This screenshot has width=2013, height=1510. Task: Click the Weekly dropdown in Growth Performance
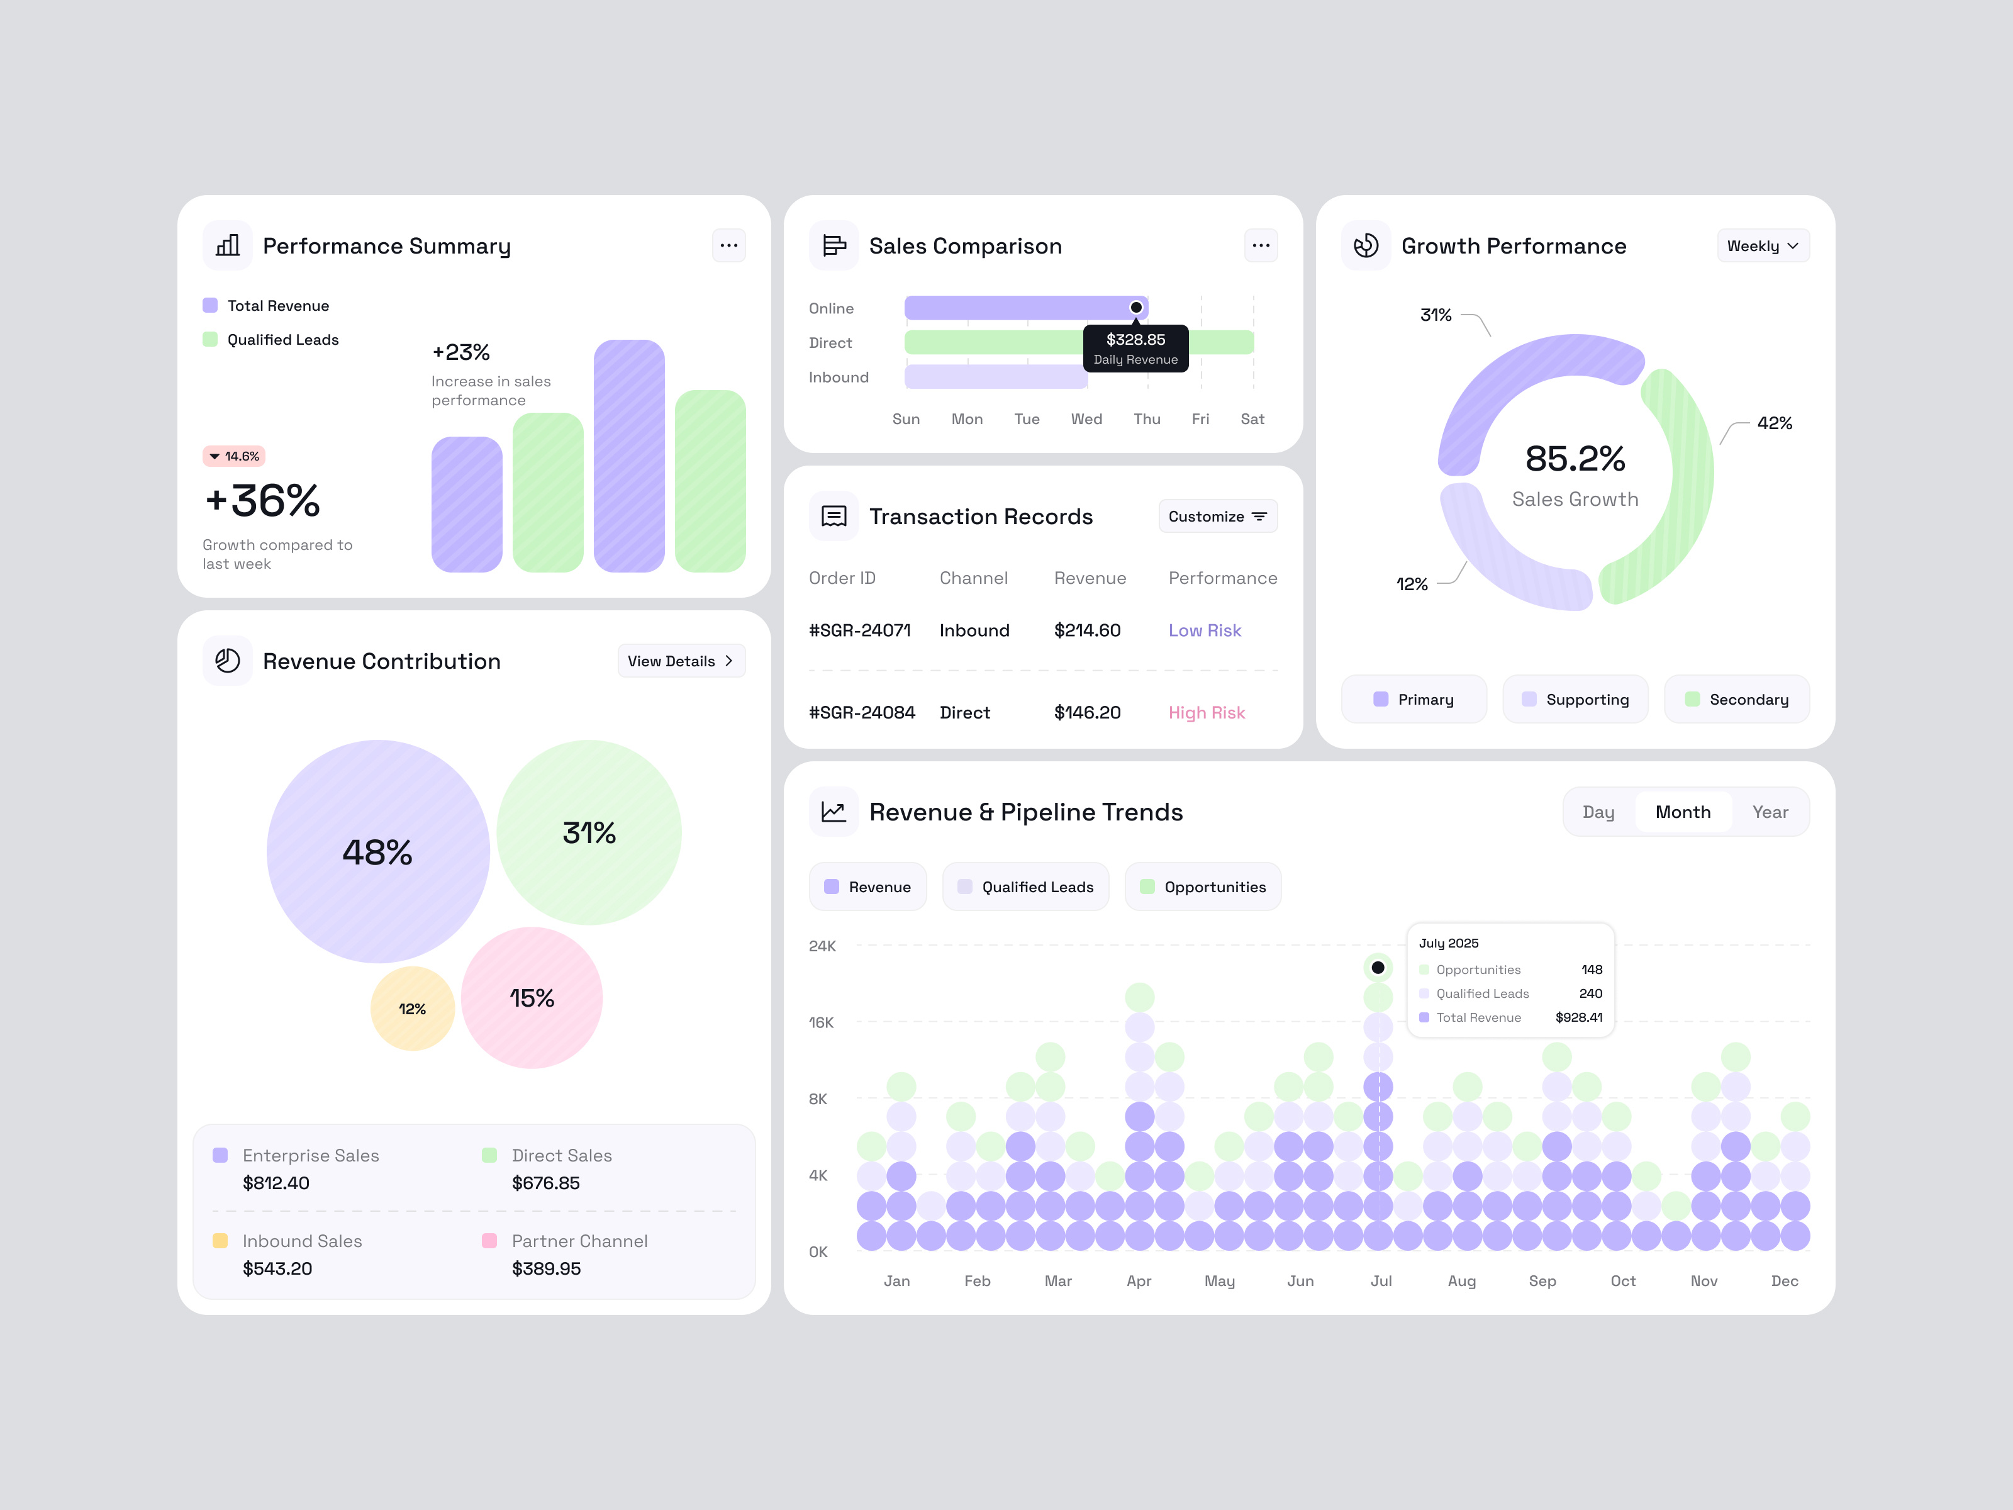[x=1762, y=246]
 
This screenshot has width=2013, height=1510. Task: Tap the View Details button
[x=681, y=661]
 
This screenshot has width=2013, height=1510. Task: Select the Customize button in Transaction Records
[x=1217, y=516]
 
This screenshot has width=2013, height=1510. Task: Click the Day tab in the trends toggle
[x=1598, y=812]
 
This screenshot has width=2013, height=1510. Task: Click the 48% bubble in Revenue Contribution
[x=377, y=852]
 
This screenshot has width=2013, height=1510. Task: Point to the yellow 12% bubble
[x=412, y=1009]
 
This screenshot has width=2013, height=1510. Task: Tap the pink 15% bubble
[x=532, y=998]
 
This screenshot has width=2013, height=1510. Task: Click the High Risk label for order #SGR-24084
[x=1206, y=713]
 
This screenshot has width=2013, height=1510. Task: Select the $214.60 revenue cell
[x=1086, y=630]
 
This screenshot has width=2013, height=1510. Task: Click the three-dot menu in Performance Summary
[x=728, y=246]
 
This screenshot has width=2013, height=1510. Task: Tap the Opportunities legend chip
[x=1202, y=886]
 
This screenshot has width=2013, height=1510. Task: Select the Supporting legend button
[x=1575, y=699]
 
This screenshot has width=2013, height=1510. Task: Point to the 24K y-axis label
[x=822, y=946]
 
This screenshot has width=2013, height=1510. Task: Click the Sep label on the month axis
[x=1542, y=1280]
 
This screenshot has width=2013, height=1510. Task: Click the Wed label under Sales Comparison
[x=1086, y=418]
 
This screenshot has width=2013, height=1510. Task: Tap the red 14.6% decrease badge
[x=234, y=456]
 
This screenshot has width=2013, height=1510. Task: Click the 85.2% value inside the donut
[x=1575, y=459]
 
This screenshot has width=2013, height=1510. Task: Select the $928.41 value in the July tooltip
[x=1578, y=1017]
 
